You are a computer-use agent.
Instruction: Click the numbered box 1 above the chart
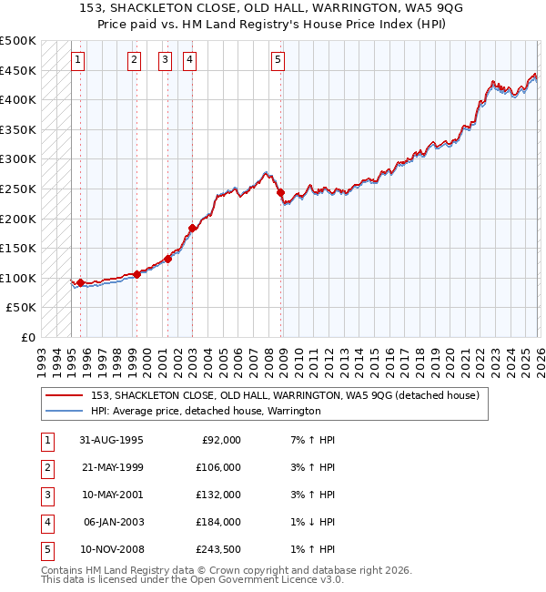pyautogui.click(x=78, y=61)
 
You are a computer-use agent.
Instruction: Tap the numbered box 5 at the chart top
pyautogui.click(x=278, y=61)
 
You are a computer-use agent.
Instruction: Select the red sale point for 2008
pyautogui.click(x=280, y=193)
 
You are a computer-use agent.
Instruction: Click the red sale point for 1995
pyautogui.click(x=81, y=282)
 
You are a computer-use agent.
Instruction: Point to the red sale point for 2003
pyautogui.click(x=192, y=228)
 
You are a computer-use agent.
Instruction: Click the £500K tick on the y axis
pyautogui.click(x=18, y=41)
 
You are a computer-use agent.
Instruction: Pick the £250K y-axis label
pyautogui.click(x=18, y=189)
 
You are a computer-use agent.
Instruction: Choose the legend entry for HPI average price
pyautogui.click(x=206, y=411)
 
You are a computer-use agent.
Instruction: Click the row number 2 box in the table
pyautogui.click(x=45, y=467)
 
